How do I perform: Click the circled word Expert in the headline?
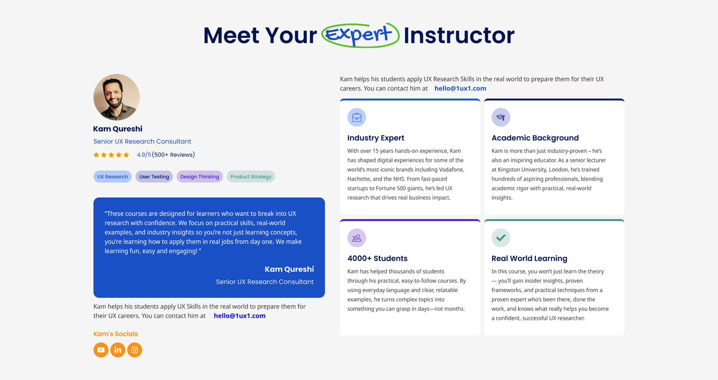click(360, 35)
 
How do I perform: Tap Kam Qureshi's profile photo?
click(117, 97)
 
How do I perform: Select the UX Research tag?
click(113, 177)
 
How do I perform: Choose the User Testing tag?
click(154, 177)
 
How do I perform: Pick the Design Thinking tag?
click(200, 177)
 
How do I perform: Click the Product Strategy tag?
click(251, 177)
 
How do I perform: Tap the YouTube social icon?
click(101, 350)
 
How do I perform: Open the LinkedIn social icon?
click(118, 350)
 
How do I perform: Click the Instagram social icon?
click(135, 350)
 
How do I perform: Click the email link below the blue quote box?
click(240, 315)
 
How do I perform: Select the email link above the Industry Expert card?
click(460, 88)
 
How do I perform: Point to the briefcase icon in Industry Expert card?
click(357, 117)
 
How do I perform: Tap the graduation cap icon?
click(501, 117)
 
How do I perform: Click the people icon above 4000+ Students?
click(357, 238)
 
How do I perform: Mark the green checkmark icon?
click(501, 238)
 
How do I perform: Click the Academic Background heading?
click(535, 138)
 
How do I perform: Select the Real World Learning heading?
click(530, 258)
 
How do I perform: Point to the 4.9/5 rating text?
click(144, 155)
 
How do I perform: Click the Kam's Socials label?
click(116, 334)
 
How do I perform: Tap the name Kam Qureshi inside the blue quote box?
click(289, 269)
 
